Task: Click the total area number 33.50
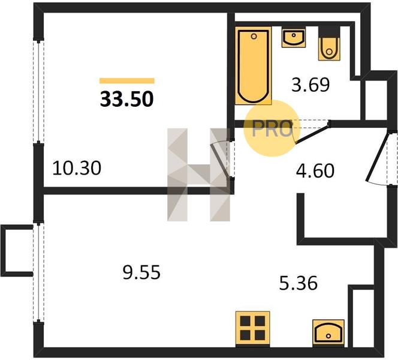pyautogui.click(x=127, y=99)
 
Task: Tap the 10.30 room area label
pyautogui.click(x=77, y=168)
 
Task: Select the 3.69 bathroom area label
pyautogui.click(x=310, y=85)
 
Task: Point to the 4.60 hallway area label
pyautogui.click(x=315, y=171)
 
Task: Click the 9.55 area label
pyautogui.click(x=141, y=272)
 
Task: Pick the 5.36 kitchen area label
pyautogui.click(x=298, y=283)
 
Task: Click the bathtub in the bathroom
pyautogui.click(x=254, y=65)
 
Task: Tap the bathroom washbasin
pyautogui.click(x=294, y=38)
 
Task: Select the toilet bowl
pyautogui.click(x=329, y=49)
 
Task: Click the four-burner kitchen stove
pyautogui.click(x=252, y=329)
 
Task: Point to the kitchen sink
pyautogui.click(x=328, y=333)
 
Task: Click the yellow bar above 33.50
pyautogui.click(x=127, y=81)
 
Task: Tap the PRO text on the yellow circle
pyautogui.click(x=272, y=128)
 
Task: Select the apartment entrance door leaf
pyautogui.click(x=377, y=157)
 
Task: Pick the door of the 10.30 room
pyautogui.click(x=221, y=160)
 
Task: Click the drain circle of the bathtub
pyautogui.click(x=254, y=37)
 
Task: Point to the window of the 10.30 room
pyautogui.click(x=38, y=91)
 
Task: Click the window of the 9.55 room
pyautogui.click(x=38, y=272)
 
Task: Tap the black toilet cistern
pyautogui.click(x=329, y=31)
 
